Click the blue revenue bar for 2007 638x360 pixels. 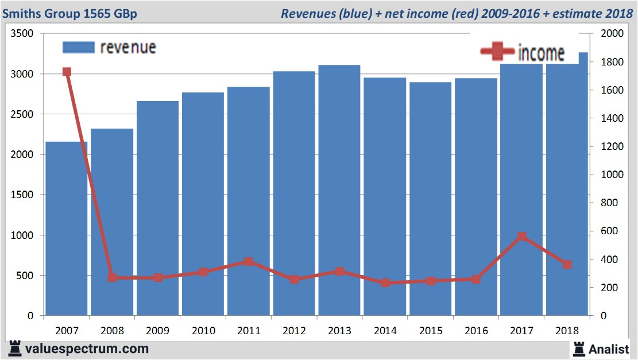pos(67,230)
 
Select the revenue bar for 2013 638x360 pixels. pos(339,189)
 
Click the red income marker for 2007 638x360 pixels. pos(67,72)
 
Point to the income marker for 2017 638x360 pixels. pos(521,237)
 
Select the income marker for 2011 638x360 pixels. pos(249,262)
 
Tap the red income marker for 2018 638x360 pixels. pos(567,265)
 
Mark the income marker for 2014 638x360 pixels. pos(385,282)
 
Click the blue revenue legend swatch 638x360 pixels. pos(78,48)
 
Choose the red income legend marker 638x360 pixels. pos(497,52)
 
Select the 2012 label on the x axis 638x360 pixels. pos(294,331)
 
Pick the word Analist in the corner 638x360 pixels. pos(609,349)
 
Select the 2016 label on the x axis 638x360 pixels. pos(476,331)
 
